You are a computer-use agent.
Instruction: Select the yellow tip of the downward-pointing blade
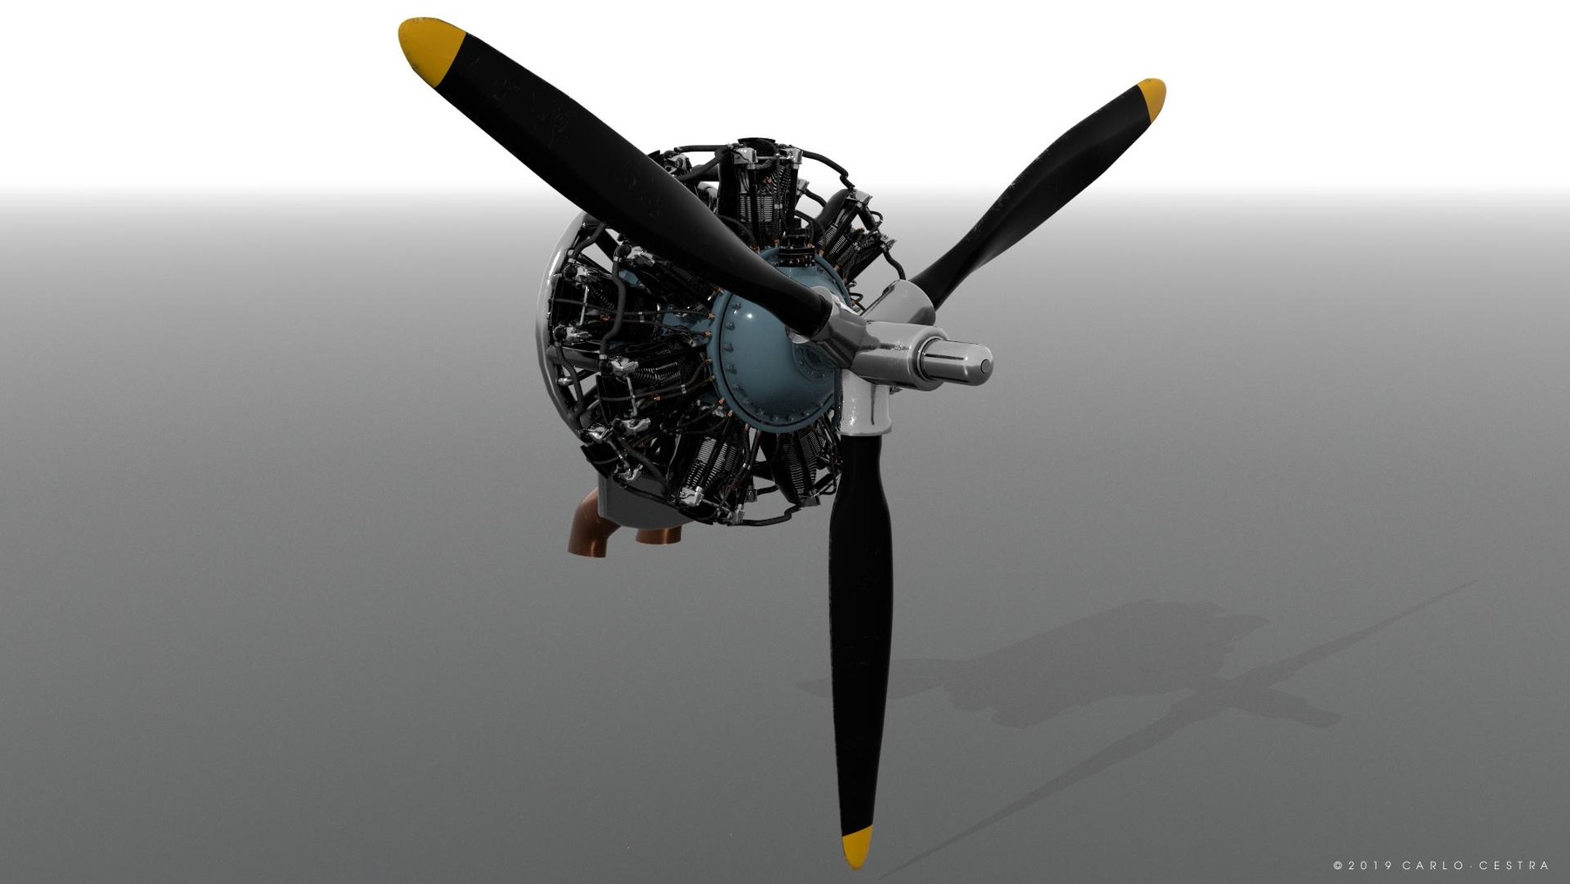(857, 846)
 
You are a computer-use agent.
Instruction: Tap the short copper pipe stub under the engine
(659, 533)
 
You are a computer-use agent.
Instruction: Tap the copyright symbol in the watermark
(1338, 866)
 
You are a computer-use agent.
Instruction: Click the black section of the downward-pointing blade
(860, 628)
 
